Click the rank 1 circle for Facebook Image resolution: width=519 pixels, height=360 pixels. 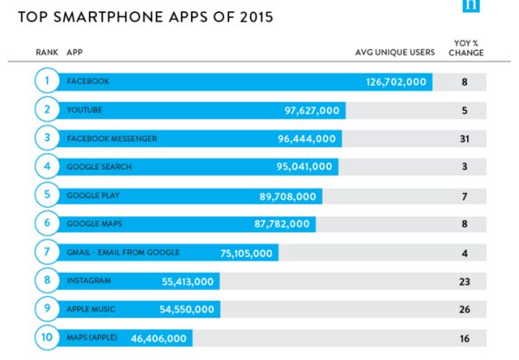click(x=47, y=80)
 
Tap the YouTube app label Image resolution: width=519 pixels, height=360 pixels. click(x=85, y=110)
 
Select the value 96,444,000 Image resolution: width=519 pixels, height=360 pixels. click(x=307, y=138)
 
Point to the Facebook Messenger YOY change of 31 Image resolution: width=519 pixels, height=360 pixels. click(x=465, y=138)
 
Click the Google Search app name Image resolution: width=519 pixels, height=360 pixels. click(x=99, y=167)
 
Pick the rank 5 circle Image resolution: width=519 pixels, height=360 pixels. click(x=47, y=195)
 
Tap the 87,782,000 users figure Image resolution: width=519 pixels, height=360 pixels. click(x=282, y=224)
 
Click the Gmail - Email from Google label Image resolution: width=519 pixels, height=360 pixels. click(x=123, y=253)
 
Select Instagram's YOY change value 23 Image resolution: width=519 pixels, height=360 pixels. click(x=465, y=281)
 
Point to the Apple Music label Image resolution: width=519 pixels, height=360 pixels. click(x=91, y=309)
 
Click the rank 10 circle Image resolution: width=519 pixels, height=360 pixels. click(x=47, y=337)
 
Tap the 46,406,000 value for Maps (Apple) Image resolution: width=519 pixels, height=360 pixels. click(x=158, y=338)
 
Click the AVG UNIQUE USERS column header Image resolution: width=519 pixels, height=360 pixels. click(x=395, y=52)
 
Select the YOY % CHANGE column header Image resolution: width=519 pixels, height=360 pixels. click(x=466, y=48)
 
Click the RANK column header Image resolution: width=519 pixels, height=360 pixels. click(x=47, y=52)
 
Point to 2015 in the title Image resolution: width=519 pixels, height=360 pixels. click(x=257, y=17)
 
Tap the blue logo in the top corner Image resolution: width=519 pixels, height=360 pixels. click(x=471, y=6)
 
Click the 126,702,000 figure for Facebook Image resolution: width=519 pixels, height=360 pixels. click(x=396, y=82)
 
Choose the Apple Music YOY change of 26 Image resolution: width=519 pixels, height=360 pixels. click(x=465, y=309)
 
